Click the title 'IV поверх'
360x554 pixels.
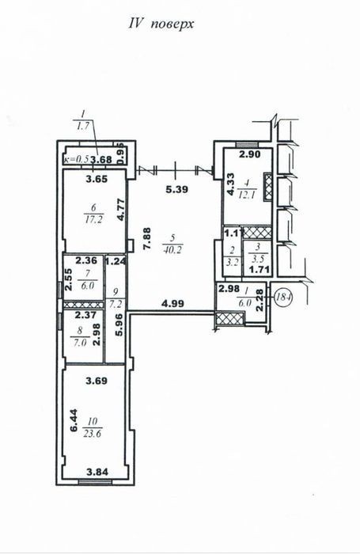coord(161,25)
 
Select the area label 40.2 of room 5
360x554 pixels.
coord(172,250)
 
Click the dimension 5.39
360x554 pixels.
coord(176,189)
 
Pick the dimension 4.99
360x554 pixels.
coord(172,303)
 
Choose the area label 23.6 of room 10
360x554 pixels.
coord(93,434)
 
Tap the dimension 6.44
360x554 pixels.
coord(74,420)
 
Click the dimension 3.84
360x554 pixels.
coord(97,472)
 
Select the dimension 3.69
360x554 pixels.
coord(97,381)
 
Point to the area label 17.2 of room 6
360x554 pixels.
coord(93,220)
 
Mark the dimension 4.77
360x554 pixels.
coord(121,210)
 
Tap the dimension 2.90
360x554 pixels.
coord(249,154)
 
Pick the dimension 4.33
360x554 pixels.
coord(231,184)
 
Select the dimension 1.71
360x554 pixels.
coord(260,270)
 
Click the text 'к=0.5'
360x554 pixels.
coord(76,160)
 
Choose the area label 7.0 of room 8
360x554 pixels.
coord(80,343)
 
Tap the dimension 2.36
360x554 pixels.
coord(86,260)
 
